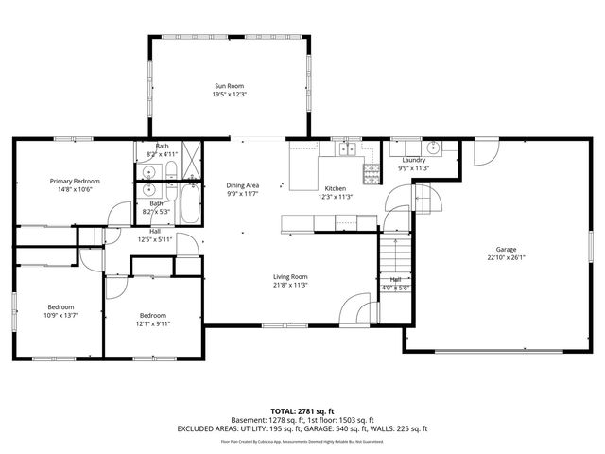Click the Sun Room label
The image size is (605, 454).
pyautogui.click(x=228, y=86)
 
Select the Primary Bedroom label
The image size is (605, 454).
pyautogui.click(x=75, y=181)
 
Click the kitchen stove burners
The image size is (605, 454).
pyautogui.click(x=372, y=173)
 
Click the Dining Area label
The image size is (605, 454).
pyautogui.click(x=243, y=185)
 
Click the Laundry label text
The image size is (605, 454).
pyautogui.click(x=413, y=160)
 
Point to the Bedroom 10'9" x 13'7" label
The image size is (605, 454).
pyautogui.click(x=61, y=306)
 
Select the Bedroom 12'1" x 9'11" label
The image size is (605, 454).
pyautogui.click(x=152, y=315)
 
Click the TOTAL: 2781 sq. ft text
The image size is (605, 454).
pyautogui.click(x=302, y=410)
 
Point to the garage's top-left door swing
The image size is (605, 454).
pyautogui.click(x=485, y=151)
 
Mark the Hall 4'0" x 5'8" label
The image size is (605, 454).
pyautogui.click(x=395, y=280)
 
